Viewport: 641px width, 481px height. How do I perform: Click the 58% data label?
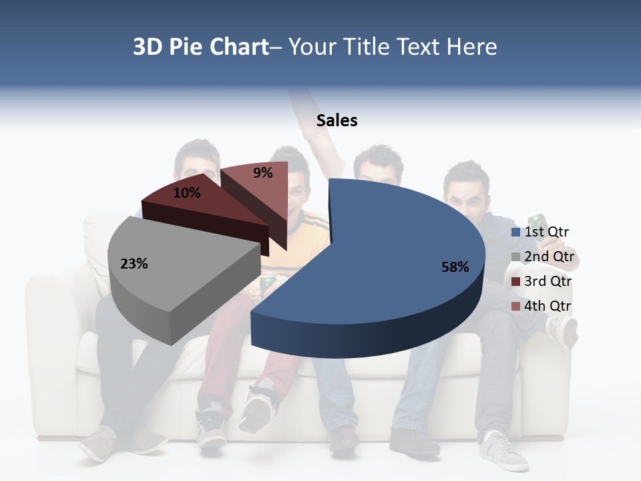(455, 267)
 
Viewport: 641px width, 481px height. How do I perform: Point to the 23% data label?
(134, 264)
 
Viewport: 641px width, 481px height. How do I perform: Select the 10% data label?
(187, 193)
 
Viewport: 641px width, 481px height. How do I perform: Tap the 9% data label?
(263, 173)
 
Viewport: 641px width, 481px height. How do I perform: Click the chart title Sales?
(337, 120)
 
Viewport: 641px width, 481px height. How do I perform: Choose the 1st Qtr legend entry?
(546, 232)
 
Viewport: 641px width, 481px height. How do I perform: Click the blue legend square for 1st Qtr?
(515, 232)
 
